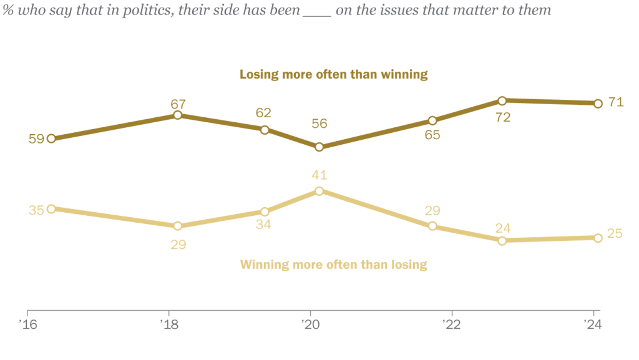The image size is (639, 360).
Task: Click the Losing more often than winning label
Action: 334,74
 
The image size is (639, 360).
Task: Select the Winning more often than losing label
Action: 334,264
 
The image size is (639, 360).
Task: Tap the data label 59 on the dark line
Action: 36,139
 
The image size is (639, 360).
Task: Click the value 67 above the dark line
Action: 178,104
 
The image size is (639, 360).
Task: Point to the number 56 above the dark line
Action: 319,124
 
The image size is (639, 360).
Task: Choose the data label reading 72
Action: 502,117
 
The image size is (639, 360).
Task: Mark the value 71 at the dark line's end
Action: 616,102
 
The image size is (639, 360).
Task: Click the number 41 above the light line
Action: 319,175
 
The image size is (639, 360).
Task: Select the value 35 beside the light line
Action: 36,210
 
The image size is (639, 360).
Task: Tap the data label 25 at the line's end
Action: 615,233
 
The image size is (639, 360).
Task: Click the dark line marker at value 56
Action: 319,147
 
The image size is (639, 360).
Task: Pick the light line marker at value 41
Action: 319,191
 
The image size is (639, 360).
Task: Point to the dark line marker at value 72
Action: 502,100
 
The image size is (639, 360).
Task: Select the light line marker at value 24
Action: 502,240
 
